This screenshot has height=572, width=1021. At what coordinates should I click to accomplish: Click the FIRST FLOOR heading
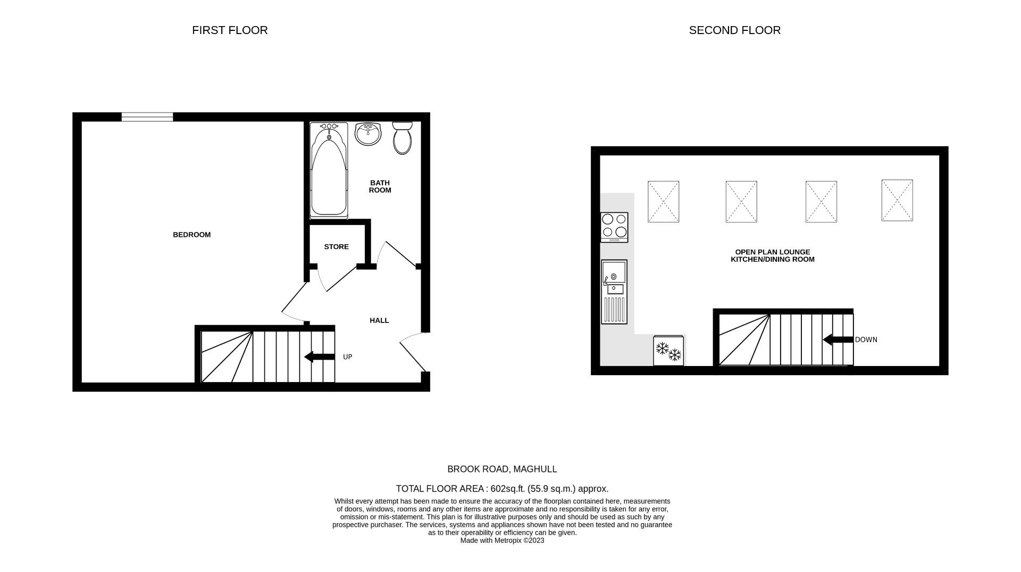coord(230,30)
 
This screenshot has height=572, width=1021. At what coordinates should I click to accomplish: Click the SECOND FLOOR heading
coord(734,30)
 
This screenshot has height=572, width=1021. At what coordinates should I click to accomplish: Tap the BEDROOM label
coord(191,235)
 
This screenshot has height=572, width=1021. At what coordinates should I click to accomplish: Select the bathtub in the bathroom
coord(329,171)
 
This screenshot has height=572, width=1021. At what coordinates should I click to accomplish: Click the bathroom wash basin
coord(368,134)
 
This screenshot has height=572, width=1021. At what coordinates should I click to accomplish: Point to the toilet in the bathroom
coord(402,138)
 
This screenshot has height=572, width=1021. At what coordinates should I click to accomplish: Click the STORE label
coord(336,247)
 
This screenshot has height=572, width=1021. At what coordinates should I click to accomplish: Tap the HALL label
coord(379,320)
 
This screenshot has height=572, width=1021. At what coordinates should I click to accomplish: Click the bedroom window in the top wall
coord(147,117)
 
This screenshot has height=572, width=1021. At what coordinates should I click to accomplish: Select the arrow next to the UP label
coord(319,357)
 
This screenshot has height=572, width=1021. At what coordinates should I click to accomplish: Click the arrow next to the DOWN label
coord(838,339)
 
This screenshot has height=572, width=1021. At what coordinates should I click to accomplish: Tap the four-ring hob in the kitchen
coord(614,227)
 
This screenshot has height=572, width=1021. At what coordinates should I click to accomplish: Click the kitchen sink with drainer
coord(614,292)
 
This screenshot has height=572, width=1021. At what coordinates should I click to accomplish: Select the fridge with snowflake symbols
coord(668,351)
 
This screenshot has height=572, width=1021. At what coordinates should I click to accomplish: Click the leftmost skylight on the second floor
coord(663,202)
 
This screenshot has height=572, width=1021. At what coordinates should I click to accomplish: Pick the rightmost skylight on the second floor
coord(897,200)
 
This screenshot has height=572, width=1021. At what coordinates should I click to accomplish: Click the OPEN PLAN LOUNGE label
coord(772,252)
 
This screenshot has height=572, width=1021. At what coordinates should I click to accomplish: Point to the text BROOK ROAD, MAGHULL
coord(502,469)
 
